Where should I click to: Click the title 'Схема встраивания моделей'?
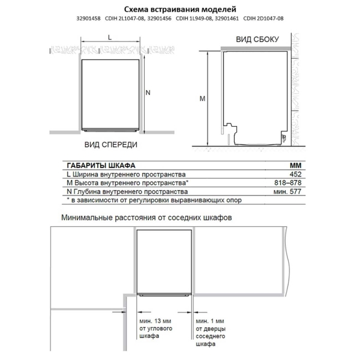pyautogui.click(x=180, y=9)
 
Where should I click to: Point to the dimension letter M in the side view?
pyautogui.click(x=202, y=98)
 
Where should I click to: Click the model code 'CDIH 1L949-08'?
pyautogui.click(x=193, y=19)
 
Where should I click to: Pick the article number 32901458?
pyautogui.click(x=89, y=19)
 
